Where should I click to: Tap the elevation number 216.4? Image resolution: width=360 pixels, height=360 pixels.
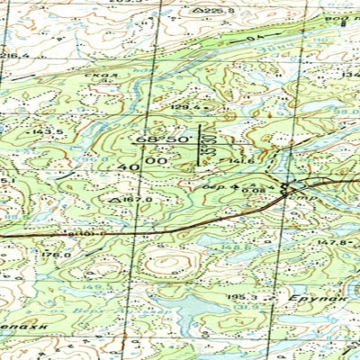(x=13, y=55)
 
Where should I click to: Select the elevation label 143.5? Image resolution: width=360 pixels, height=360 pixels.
(x=47, y=131)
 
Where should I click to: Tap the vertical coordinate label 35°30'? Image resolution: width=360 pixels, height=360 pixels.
(x=207, y=142)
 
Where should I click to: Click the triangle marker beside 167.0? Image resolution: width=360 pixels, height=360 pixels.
(x=114, y=199)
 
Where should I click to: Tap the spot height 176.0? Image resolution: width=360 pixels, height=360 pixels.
(x=56, y=255)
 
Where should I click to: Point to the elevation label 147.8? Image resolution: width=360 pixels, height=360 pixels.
(x=332, y=241)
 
